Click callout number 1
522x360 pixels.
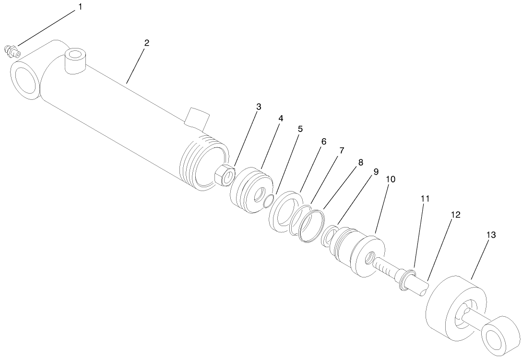(80, 7)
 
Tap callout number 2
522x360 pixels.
(147, 43)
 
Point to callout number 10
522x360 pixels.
(390, 179)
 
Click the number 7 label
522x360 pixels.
(341, 151)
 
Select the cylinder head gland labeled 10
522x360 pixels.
(360, 254)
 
